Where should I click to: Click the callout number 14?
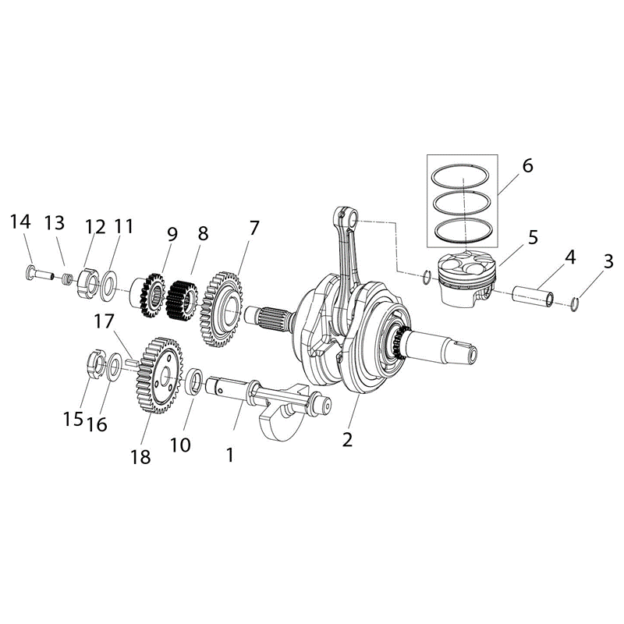(x=20, y=222)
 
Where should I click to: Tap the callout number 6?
(x=527, y=165)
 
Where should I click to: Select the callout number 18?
(x=140, y=457)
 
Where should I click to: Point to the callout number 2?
(x=347, y=440)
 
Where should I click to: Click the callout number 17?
(x=104, y=321)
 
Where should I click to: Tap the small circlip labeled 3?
(x=574, y=304)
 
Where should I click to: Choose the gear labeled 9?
(x=151, y=295)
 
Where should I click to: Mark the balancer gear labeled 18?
(x=159, y=375)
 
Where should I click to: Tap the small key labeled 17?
(x=132, y=363)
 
